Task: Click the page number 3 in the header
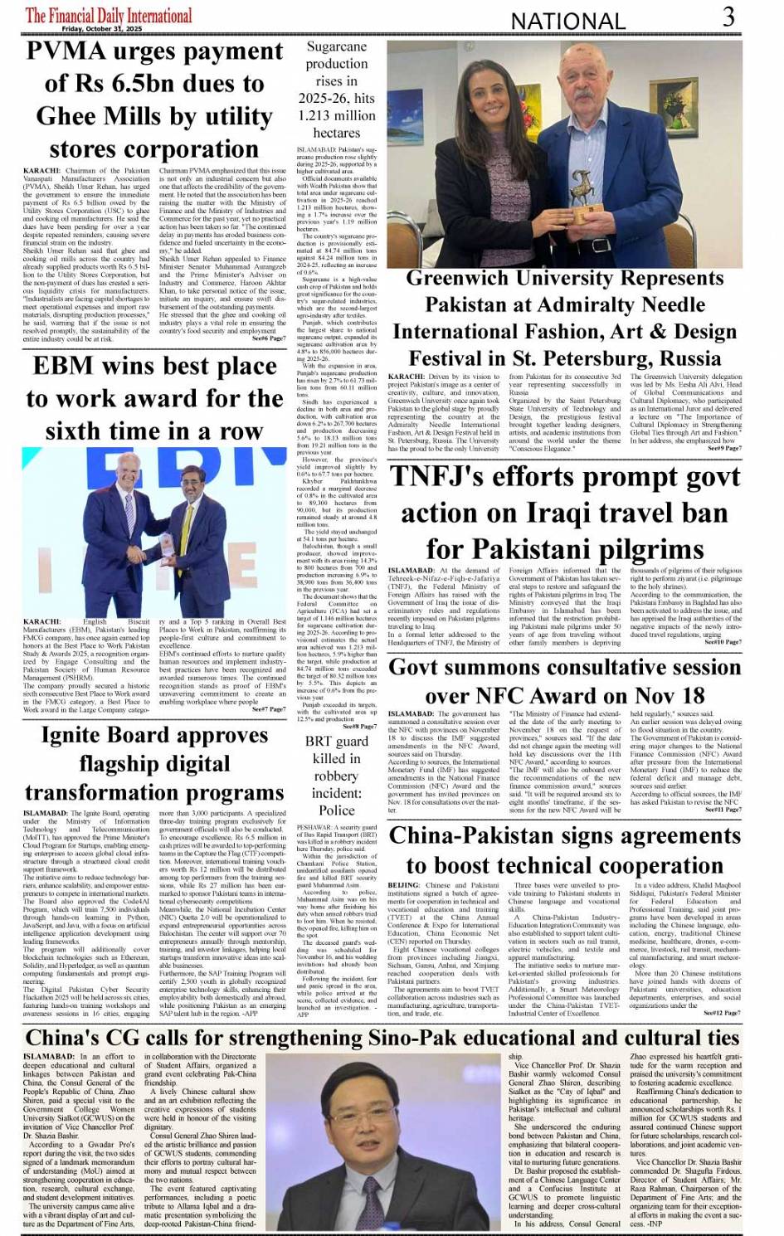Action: [728, 17]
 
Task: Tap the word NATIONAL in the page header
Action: [567, 21]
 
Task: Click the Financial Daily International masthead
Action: [109, 15]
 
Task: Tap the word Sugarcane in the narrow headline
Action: [336, 47]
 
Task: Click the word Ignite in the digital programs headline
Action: [77, 736]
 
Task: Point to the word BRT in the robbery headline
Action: [318, 741]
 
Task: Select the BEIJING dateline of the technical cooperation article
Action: [404, 885]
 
